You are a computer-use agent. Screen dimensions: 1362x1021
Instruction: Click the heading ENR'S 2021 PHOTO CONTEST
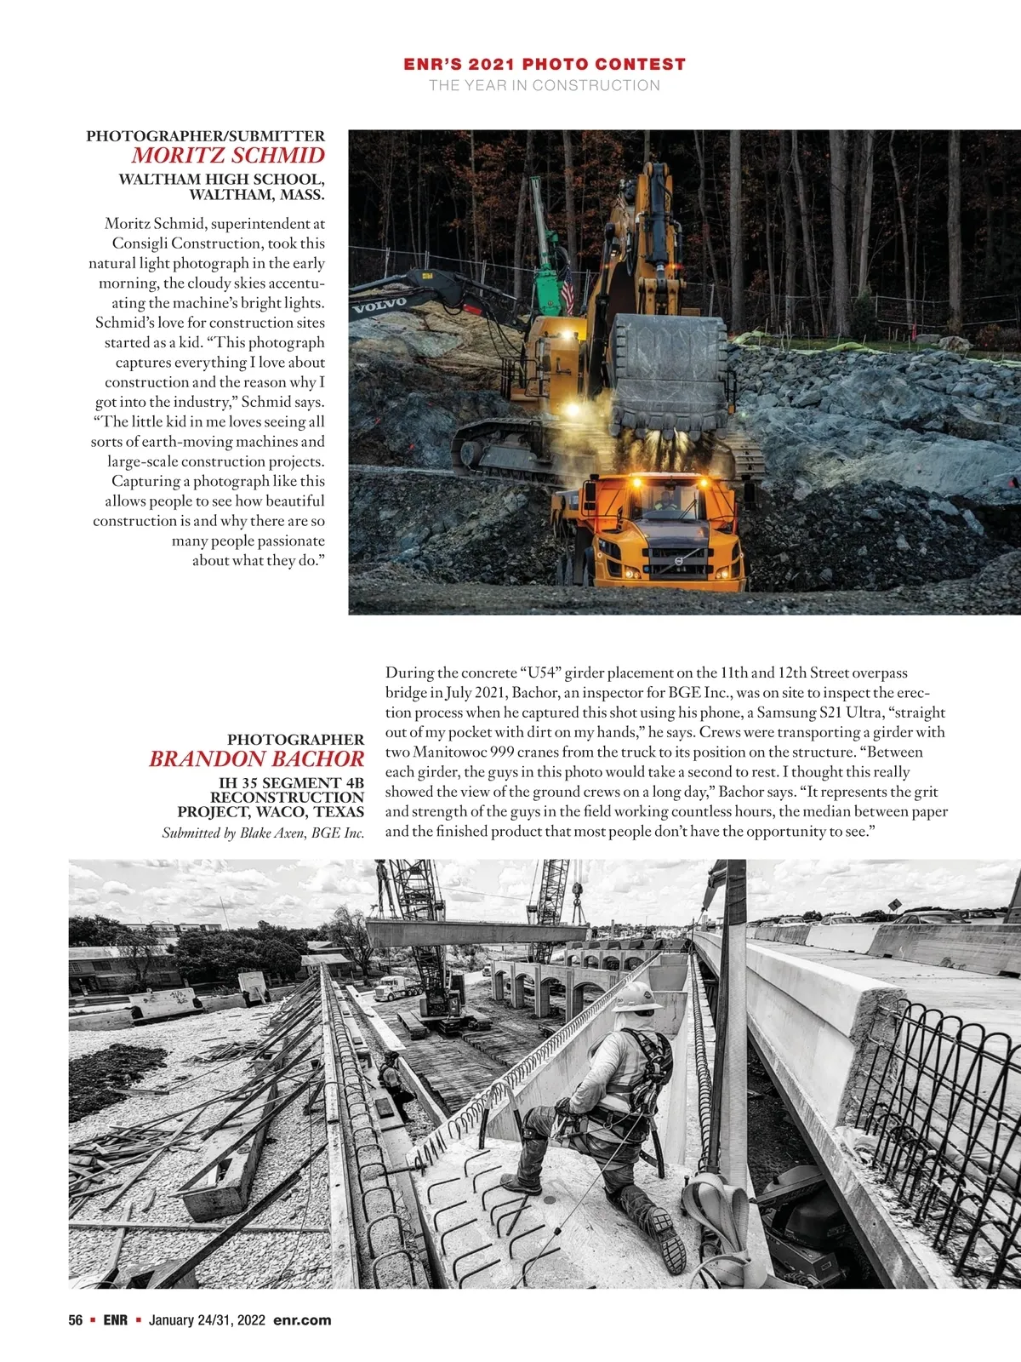pyautogui.click(x=545, y=64)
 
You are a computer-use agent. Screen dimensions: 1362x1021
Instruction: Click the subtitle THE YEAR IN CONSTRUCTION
pyautogui.click(x=545, y=85)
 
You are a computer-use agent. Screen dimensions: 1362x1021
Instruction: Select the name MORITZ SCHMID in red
pyautogui.click(x=228, y=156)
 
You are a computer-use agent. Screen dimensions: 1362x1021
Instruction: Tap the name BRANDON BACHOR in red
pyautogui.click(x=256, y=759)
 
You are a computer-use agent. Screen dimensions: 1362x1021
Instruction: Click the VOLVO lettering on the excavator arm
pyautogui.click(x=379, y=305)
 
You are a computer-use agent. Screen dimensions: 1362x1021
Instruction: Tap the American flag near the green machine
pyautogui.click(x=568, y=294)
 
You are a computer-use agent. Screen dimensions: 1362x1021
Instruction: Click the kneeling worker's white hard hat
pyautogui.click(x=637, y=998)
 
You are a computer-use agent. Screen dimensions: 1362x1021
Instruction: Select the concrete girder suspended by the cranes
pyautogui.click(x=476, y=932)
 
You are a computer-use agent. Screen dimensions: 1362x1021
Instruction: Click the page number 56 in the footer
pyautogui.click(x=76, y=1320)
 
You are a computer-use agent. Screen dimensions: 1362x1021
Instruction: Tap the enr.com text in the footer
pyautogui.click(x=302, y=1320)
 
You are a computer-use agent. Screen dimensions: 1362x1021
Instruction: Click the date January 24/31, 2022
pyautogui.click(x=208, y=1320)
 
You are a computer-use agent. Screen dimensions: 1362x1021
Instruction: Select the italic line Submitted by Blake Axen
pyautogui.click(x=263, y=833)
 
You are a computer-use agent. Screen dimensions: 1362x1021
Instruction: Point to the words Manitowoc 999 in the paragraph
pyautogui.click(x=465, y=753)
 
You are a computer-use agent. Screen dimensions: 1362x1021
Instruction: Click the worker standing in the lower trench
pyautogui.click(x=393, y=1079)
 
